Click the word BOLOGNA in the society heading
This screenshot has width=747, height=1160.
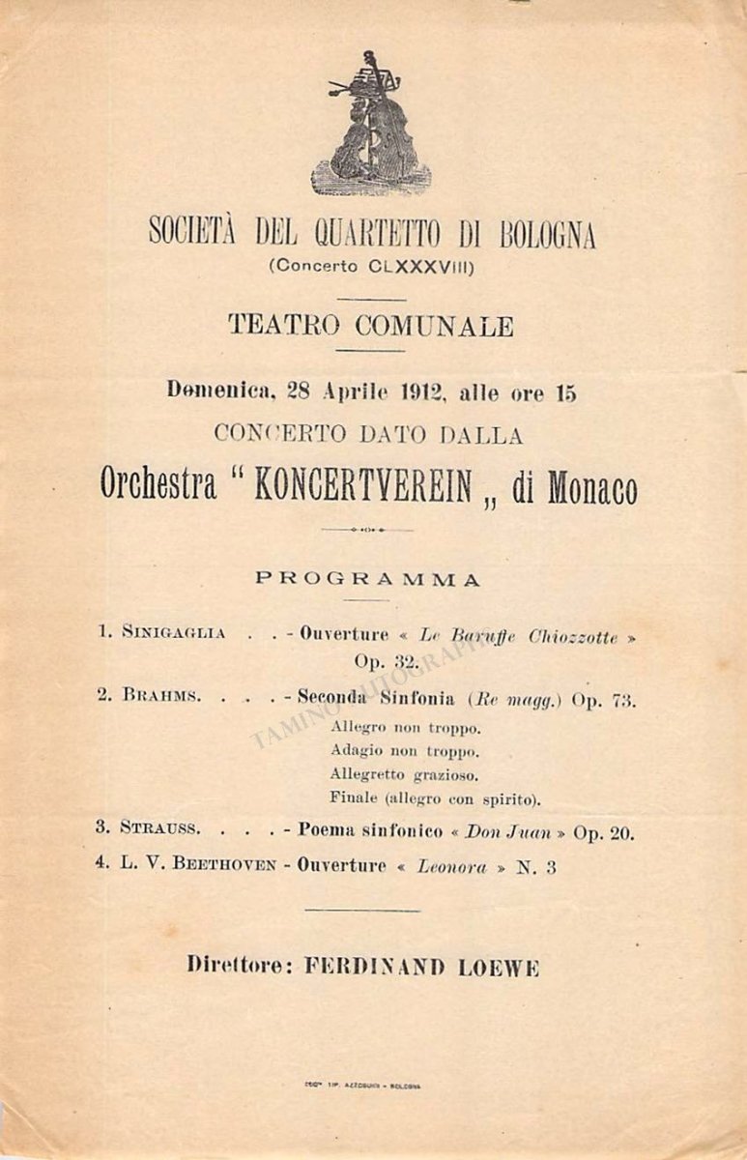coord(548,233)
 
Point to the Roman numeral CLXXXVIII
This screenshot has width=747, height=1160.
coord(421,266)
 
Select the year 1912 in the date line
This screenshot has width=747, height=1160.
coord(408,393)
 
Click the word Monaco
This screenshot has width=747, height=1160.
coord(591,490)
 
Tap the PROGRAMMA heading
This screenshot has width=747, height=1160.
coord(368,580)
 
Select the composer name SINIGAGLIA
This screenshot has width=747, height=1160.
coord(174,633)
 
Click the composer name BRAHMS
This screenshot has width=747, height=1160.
coord(161,696)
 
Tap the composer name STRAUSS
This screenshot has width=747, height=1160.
coord(160,828)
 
